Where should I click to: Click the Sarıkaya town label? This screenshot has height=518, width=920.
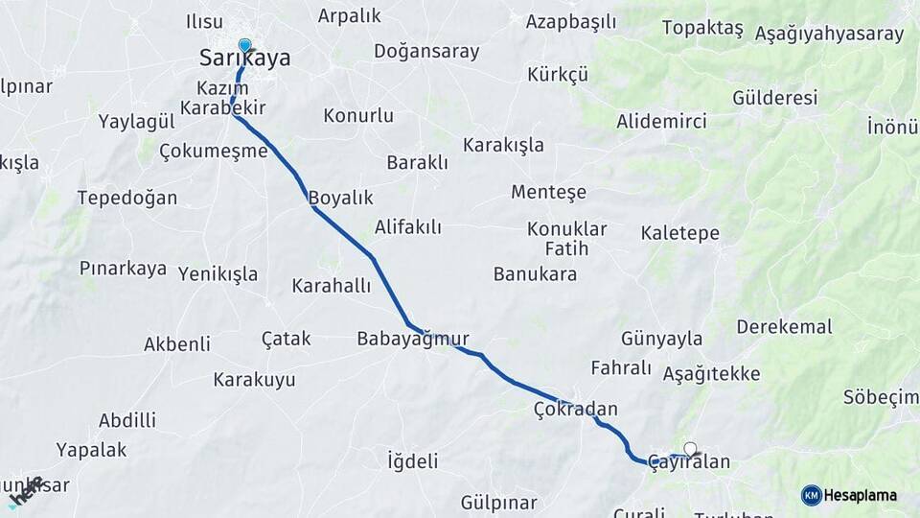pyautogui.click(x=244, y=59)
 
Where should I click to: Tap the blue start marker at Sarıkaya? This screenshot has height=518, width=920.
pyautogui.click(x=244, y=45)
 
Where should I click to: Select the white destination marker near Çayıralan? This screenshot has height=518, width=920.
pyautogui.click(x=690, y=448)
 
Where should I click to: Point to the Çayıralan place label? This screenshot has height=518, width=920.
pyautogui.click(x=688, y=462)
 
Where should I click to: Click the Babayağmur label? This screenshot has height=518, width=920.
pyautogui.click(x=412, y=339)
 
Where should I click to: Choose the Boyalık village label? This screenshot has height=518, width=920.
pyautogui.click(x=340, y=199)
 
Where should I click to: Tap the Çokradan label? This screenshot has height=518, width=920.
pyautogui.click(x=575, y=410)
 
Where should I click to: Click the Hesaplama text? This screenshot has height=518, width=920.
pyautogui.click(x=861, y=495)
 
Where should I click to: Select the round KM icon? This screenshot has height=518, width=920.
pyautogui.click(x=811, y=495)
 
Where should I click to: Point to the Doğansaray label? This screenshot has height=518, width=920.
pyautogui.click(x=426, y=52)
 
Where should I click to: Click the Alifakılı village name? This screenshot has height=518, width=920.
pyautogui.click(x=408, y=227)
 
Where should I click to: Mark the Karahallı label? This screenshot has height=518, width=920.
pyautogui.click(x=331, y=286)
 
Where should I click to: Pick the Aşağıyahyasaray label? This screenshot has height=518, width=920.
pyautogui.click(x=829, y=35)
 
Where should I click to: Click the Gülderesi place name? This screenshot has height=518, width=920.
pyautogui.click(x=774, y=98)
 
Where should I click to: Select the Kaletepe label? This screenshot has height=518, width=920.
pyautogui.click(x=679, y=233)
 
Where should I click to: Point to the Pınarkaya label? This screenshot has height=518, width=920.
pyautogui.click(x=124, y=269)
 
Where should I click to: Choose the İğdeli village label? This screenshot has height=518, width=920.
pyautogui.click(x=412, y=460)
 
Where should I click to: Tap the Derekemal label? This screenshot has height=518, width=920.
pyautogui.click(x=784, y=327)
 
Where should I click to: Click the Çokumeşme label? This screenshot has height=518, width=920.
pyautogui.click(x=213, y=151)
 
